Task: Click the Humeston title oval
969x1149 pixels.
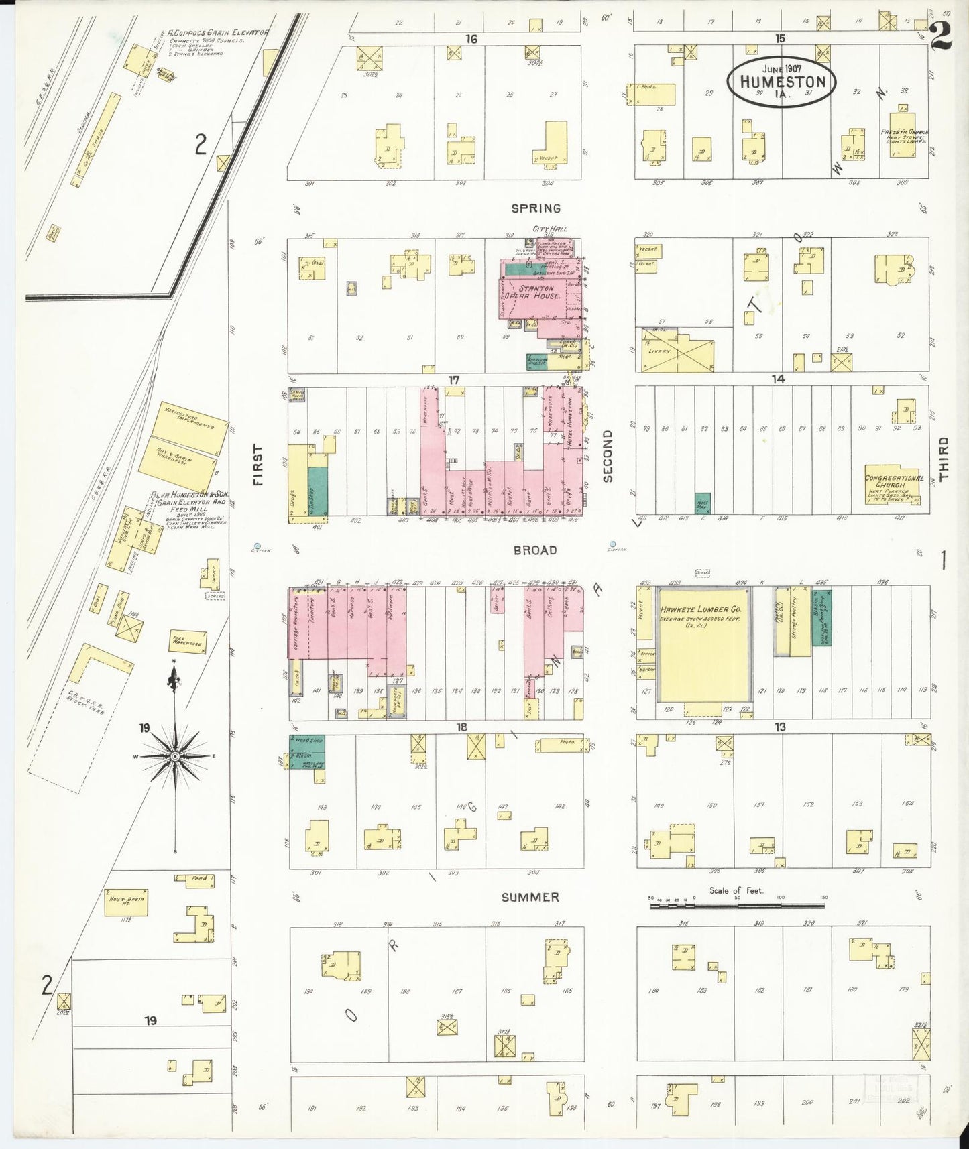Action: [781, 80]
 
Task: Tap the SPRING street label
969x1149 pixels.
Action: [535, 208]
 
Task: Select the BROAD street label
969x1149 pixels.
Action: [534, 550]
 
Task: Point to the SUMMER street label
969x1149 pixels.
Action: [530, 897]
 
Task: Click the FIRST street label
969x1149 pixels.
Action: [258, 465]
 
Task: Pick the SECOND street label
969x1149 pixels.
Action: [608, 456]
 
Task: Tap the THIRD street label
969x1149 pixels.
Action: [944, 459]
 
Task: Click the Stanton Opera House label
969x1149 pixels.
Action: [538, 292]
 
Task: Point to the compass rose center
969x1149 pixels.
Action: [175, 756]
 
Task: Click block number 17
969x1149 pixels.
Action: [454, 380]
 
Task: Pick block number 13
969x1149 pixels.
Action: [779, 727]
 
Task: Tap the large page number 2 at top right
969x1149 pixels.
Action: [940, 37]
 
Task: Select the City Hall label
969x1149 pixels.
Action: [549, 229]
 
